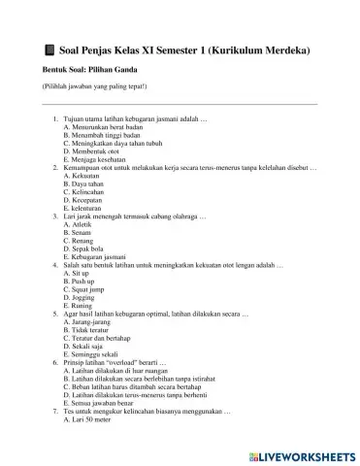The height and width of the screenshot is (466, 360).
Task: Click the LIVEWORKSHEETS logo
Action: [x=301, y=453]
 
